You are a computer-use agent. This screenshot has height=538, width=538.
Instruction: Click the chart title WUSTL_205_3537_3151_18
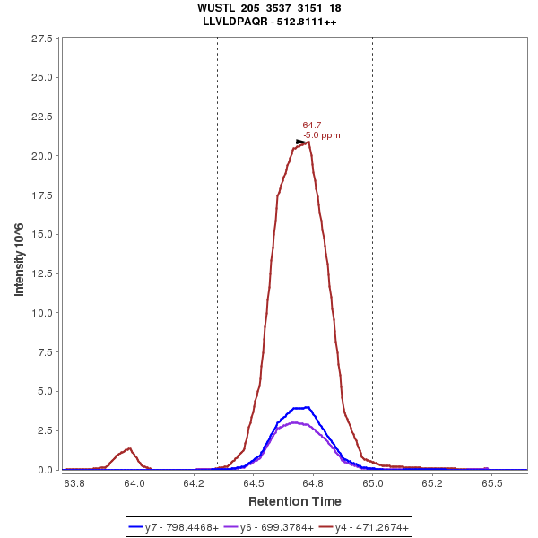269,8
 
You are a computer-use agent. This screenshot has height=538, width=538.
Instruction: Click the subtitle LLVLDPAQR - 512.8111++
269,22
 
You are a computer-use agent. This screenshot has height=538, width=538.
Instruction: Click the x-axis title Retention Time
294,501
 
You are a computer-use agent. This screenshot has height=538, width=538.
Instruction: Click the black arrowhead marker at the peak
301,142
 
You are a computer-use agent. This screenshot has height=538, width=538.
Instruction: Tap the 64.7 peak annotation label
312,126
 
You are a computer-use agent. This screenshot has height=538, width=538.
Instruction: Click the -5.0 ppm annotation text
322,135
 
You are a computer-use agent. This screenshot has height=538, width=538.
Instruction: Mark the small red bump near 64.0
129,449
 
